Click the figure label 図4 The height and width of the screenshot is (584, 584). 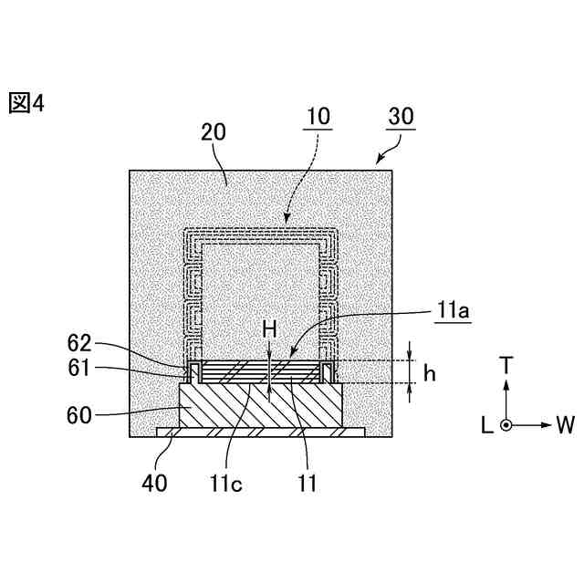(x=26, y=103)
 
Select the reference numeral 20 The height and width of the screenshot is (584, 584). (x=214, y=134)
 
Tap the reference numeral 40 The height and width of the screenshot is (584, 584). (x=154, y=483)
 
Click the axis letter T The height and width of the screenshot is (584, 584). (x=507, y=365)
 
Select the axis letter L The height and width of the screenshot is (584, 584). (x=485, y=424)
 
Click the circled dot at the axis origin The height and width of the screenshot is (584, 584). (x=507, y=424)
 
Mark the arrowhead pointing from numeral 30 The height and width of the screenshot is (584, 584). (x=378, y=162)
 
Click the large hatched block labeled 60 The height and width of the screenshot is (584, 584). (x=262, y=406)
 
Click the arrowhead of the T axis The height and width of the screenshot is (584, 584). (x=507, y=384)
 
